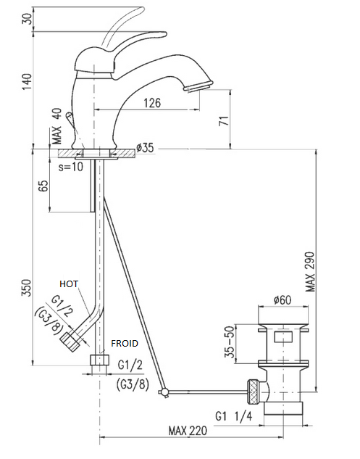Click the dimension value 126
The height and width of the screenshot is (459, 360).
tap(152, 103)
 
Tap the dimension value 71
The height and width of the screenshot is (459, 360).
tap(225, 120)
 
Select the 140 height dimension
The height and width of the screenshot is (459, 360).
tap(27, 82)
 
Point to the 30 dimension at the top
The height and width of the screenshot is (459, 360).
tap(28, 19)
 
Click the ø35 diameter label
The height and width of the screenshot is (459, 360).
tap(145, 147)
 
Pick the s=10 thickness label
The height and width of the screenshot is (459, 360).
tap(71, 167)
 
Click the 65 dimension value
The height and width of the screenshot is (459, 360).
tap(43, 186)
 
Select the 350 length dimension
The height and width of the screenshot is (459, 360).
tap(27, 288)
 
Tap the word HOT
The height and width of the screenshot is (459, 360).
tap(69, 284)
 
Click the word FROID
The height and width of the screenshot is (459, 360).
tap(125, 343)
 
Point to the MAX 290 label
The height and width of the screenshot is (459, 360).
tap(310, 272)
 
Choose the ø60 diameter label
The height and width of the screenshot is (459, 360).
tap(282, 300)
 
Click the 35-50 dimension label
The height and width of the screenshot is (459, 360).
tap(230, 342)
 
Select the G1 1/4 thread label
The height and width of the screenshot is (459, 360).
tap(233, 416)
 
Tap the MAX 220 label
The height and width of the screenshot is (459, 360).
tap(188, 430)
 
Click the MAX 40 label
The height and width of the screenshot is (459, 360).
tap(57, 126)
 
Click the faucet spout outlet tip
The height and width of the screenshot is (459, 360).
tap(198, 86)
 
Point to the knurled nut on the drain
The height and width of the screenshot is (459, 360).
tap(253, 392)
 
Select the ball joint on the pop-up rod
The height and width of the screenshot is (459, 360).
tap(164, 392)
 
